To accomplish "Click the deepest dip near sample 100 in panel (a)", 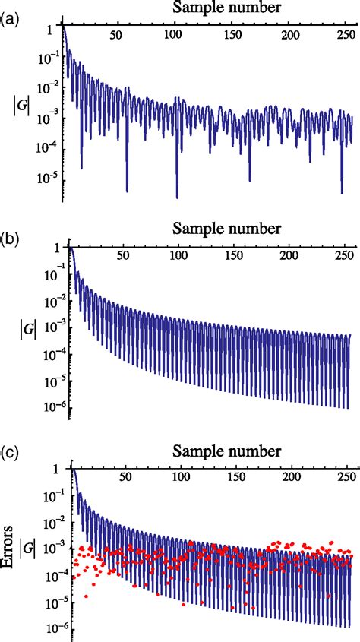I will click(177, 197).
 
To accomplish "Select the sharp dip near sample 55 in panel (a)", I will click(127, 190).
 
